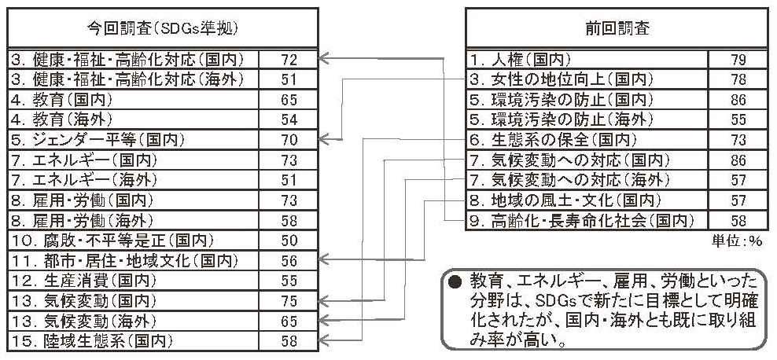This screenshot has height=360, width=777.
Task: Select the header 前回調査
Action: [617, 29]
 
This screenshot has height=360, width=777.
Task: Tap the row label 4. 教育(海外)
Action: [61, 119]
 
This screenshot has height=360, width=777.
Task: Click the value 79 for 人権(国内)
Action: [738, 61]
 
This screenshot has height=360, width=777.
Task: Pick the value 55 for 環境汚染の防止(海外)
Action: [738, 119]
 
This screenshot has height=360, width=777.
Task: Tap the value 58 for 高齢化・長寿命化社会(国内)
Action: [738, 221]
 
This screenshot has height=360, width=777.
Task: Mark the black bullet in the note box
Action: [451, 283]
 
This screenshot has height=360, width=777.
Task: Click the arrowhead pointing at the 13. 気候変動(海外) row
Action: [323, 319]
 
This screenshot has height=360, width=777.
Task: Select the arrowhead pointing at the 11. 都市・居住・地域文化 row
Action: [323, 259]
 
